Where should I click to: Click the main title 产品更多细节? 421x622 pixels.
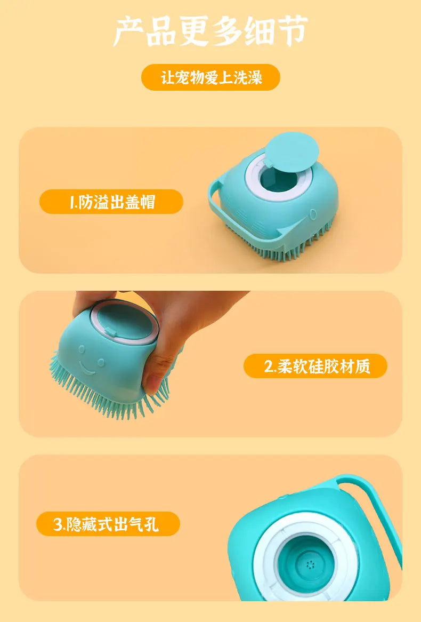210,31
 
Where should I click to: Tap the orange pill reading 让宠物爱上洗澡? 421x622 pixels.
210,77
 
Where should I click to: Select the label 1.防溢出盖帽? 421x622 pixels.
111,202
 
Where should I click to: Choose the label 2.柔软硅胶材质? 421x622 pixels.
315,366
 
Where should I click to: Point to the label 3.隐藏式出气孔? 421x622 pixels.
108,524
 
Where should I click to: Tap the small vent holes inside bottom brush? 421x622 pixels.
309,564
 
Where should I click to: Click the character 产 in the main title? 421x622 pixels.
129,31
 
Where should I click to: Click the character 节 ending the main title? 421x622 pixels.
292,31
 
